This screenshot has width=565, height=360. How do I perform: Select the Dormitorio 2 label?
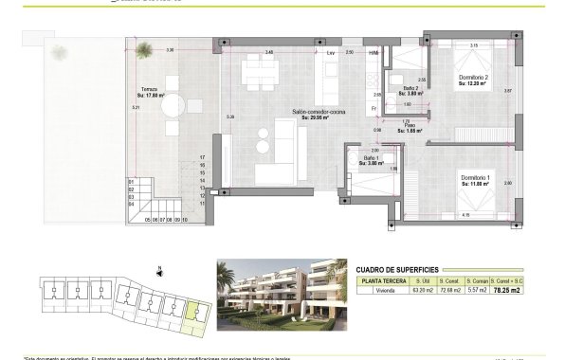tap(472, 78)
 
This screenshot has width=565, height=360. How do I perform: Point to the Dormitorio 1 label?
tap(475, 177)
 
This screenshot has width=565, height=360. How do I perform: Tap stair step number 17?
tap(203, 157)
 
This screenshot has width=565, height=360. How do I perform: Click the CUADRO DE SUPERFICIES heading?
tap(396, 268)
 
